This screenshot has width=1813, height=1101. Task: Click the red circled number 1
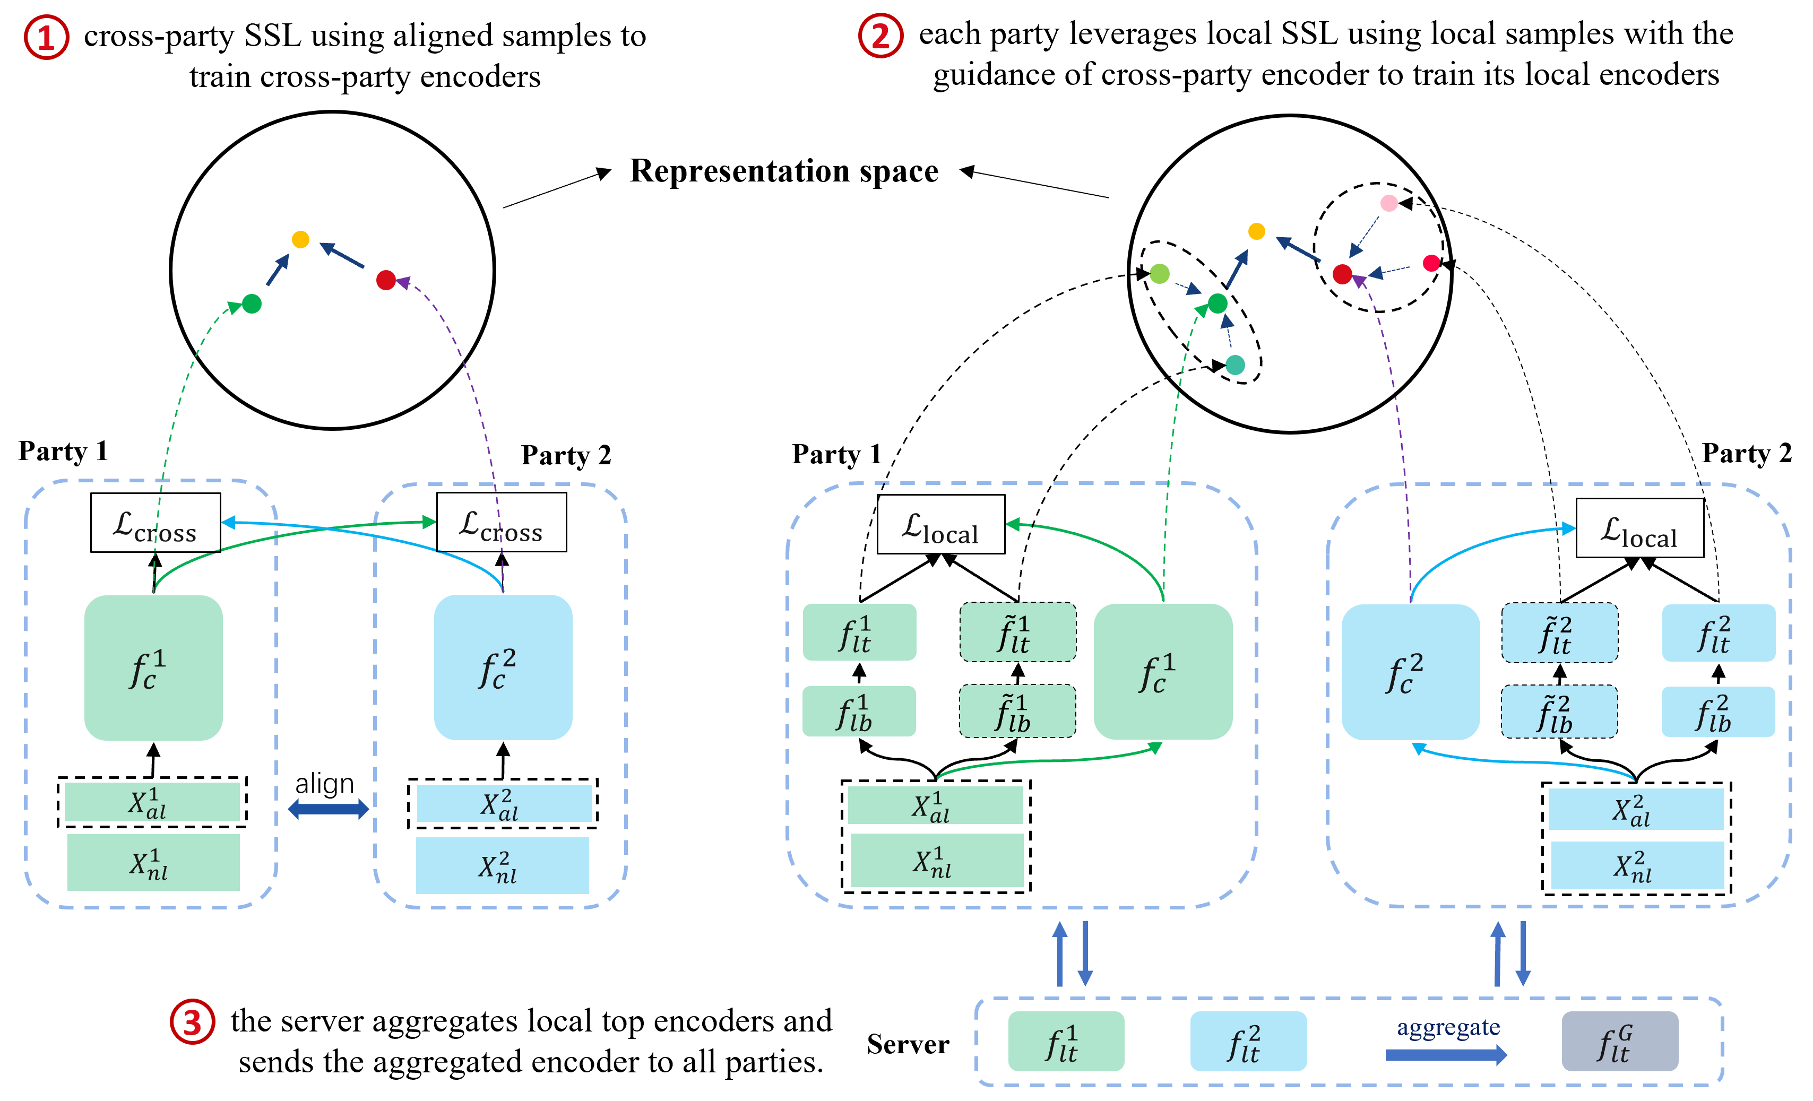tap(46, 38)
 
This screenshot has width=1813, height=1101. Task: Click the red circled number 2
tap(880, 36)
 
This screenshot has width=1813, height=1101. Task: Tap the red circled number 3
tap(192, 1021)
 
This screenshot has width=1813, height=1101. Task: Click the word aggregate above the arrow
tap(1447, 1027)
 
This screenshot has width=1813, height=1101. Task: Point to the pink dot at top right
tap(1388, 203)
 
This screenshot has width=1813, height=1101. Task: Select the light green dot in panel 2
tap(1159, 274)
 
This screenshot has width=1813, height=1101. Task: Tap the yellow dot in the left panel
tap(300, 239)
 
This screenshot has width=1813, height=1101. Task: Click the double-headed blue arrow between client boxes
tap(328, 809)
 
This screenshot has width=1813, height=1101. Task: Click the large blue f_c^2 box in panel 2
tap(1410, 672)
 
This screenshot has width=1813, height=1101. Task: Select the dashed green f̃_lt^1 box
tap(1017, 632)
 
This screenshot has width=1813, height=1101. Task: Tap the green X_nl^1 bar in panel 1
tap(153, 862)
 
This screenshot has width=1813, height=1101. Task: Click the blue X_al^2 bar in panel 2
tap(1635, 809)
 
